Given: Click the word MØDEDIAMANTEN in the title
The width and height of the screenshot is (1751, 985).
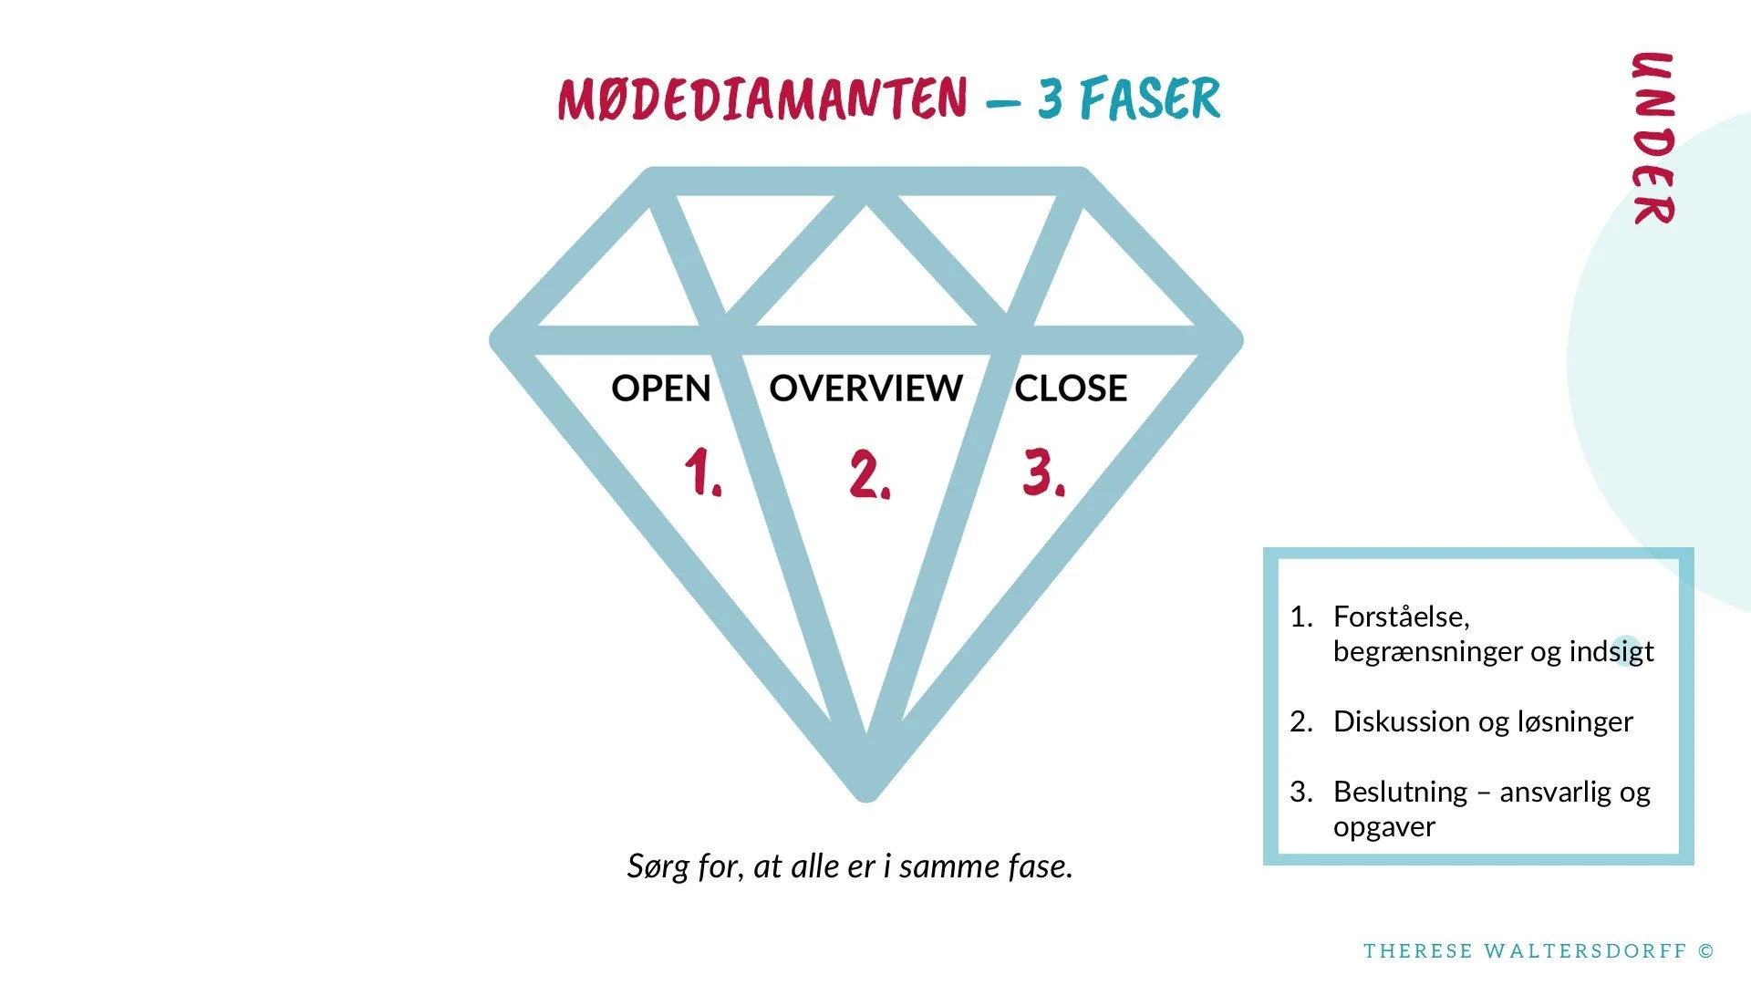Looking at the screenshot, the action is [762, 98].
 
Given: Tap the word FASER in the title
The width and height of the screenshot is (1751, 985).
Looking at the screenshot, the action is [1150, 98].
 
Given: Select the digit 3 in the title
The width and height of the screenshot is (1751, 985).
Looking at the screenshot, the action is [1051, 98].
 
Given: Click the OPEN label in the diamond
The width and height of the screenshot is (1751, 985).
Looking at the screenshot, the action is [660, 389].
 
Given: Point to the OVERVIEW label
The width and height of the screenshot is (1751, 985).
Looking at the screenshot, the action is [865, 389].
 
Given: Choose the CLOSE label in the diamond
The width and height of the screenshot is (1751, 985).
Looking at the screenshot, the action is [1071, 389].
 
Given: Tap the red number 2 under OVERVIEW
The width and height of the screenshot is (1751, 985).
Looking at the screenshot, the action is [868, 474].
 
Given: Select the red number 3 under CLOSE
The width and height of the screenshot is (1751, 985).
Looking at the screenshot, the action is [1042, 472].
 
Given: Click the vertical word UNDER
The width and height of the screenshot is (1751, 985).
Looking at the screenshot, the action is [1653, 138].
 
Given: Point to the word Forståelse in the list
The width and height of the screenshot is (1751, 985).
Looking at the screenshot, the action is [1400, 617].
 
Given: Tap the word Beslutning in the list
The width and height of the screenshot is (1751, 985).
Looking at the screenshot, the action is [1400, 792].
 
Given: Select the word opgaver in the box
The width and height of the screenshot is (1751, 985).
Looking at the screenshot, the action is [1383, 827].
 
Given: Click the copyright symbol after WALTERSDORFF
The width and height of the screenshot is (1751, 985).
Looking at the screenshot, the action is [1706, 951].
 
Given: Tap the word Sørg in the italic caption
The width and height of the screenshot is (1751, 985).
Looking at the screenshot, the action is [658, 866].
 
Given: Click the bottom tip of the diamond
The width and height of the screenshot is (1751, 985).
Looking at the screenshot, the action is [866, 792].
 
